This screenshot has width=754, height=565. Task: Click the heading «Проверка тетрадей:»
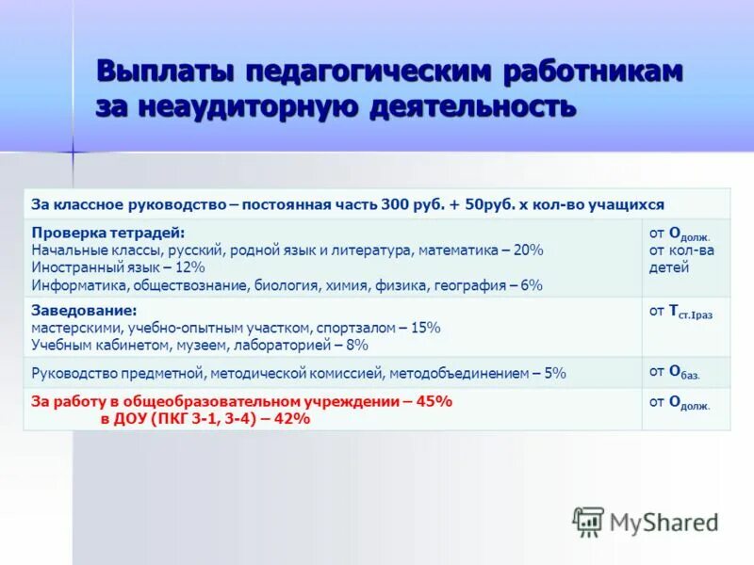[x=108, y=233]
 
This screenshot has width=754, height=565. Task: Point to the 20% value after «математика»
[x=528, y=250]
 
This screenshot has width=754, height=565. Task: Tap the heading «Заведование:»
[x=84, y=310]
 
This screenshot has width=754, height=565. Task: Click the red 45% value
[x=434, y=401]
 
